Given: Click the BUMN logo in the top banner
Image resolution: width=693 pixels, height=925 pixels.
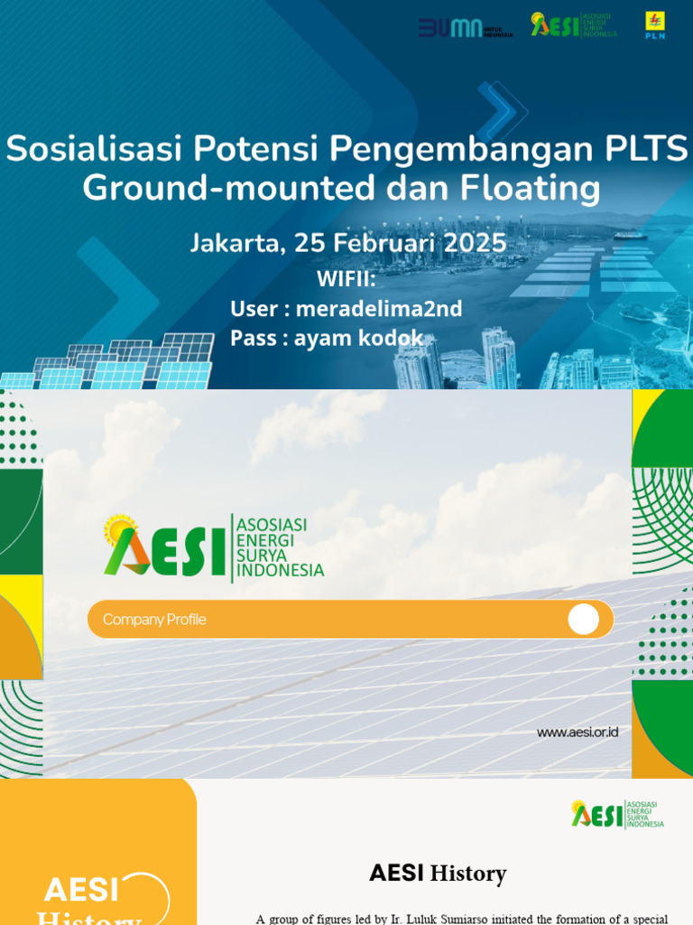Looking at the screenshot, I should coord(465,28).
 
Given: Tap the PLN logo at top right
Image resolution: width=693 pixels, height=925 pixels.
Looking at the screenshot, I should coord(654,27).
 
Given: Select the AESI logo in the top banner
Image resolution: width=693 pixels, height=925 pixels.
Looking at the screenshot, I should coord(574,24).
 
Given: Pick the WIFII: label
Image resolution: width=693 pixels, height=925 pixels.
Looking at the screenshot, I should coord(346,277).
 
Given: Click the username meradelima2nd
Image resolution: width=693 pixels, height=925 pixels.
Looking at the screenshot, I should coord(379,309).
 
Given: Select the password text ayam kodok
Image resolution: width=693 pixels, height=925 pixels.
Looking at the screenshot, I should coord(358,338).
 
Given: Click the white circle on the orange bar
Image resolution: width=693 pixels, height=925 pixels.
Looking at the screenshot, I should coord(583,620).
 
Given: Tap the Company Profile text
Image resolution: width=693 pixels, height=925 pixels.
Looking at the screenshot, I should coord(154,620).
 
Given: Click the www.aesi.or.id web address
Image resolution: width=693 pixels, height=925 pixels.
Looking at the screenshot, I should coord(577,733).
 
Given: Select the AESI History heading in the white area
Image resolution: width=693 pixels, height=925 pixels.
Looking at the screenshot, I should coord(438,874).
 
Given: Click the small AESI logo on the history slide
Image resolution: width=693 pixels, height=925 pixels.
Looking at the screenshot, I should coord(617,814).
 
